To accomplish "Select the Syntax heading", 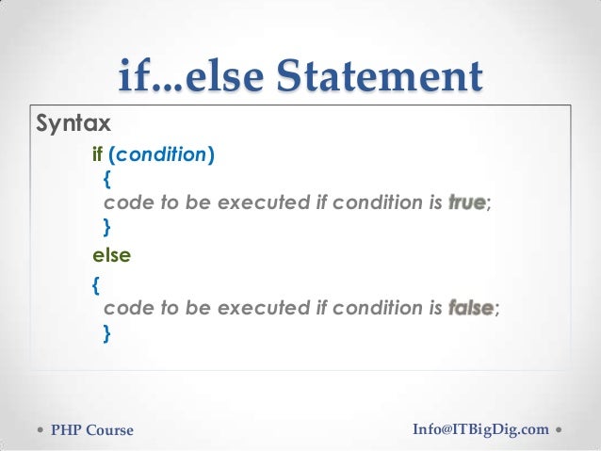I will [73, 123].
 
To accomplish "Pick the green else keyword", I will [110, 254].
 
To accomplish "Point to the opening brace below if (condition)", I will [106, 178].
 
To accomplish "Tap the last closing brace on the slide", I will [106, 331].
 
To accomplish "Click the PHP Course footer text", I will [92, 431].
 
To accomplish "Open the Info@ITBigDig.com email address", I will [480, 430].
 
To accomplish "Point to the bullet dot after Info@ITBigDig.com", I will [560, 430].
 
